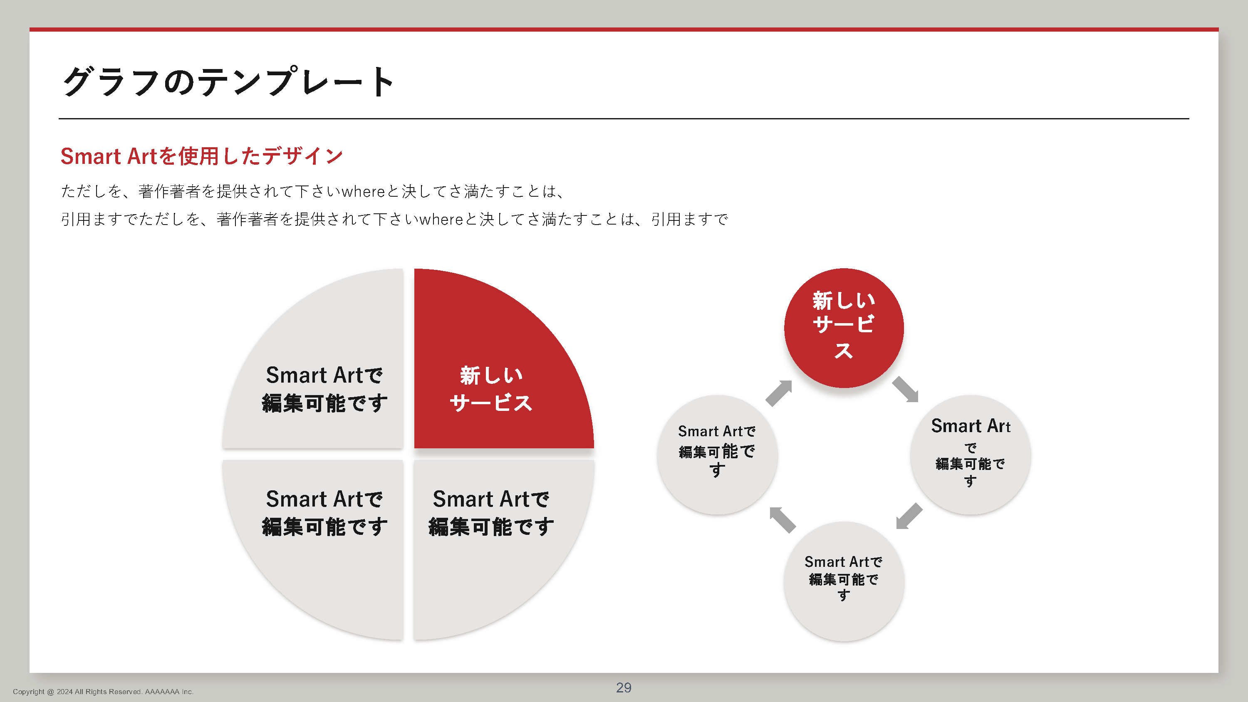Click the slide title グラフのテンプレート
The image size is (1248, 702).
click(228, 82)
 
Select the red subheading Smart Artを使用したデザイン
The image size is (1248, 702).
click(201, 156)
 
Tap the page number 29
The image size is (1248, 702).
click(624, 687)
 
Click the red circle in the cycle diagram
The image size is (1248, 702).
click(844, 328)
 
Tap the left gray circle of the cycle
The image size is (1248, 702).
click(718, 455)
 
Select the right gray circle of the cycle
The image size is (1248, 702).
click(971, 455)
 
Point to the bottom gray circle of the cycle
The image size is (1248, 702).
click(844, 581)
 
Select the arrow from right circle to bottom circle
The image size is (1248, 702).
click(909, 516)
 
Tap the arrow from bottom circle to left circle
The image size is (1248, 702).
click(782, 520)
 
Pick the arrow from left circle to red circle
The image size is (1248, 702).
click(779, 393)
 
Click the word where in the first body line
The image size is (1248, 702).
click(363, 192)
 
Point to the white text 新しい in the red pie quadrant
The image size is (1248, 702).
click(491, 376)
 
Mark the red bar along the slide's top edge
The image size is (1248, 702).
click(624, 30)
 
